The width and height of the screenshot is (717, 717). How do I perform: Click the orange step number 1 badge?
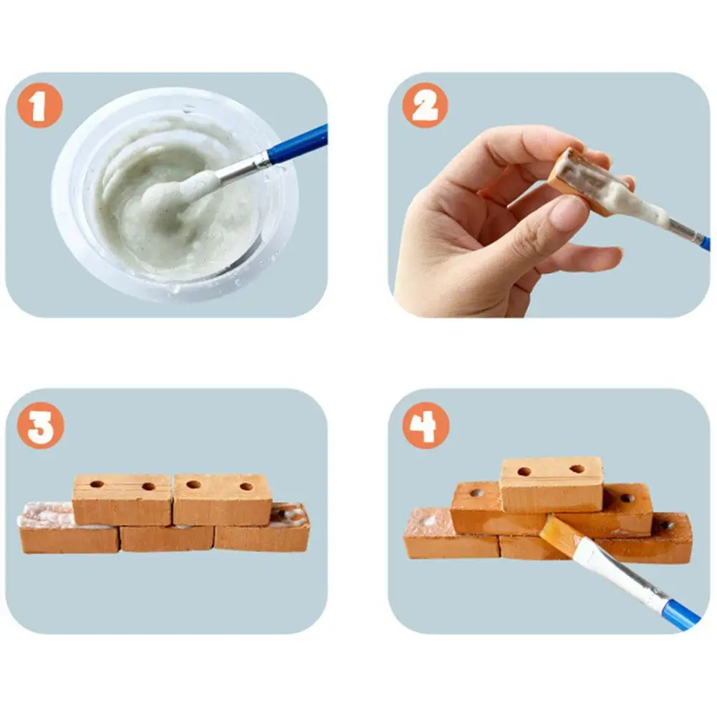point(40,105)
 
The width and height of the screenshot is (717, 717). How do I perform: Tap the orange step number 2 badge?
point(425,105)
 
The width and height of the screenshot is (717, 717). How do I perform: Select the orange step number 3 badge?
point(40,425)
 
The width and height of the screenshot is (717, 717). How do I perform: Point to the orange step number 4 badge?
point(425,425)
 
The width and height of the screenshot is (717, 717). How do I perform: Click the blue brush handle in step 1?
point(298,144)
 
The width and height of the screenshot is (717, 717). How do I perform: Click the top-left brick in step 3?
point(122,500)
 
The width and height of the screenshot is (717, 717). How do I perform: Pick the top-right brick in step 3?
point(222,499)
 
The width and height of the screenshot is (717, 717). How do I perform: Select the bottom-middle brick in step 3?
point(167,538)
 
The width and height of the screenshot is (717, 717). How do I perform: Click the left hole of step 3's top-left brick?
point(97,483)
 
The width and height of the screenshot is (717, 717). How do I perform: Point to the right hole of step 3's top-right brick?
point(247,486)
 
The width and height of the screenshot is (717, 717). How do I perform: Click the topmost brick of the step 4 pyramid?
point(552,485)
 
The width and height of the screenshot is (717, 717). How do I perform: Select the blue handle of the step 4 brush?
point(681,615)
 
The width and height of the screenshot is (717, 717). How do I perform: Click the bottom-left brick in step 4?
point(451,533)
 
